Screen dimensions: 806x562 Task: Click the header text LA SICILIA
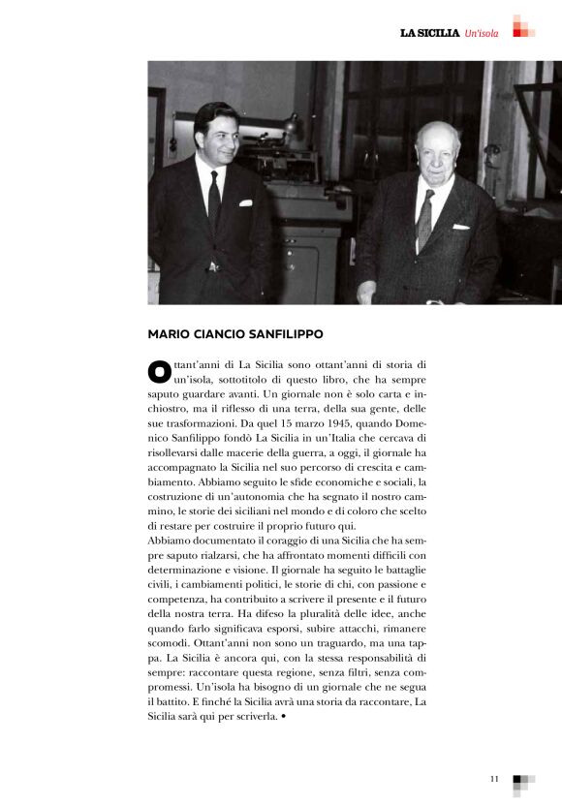[429, 33]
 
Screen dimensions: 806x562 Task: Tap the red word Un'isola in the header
[482, 33]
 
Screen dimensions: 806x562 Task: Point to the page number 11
[494, 778]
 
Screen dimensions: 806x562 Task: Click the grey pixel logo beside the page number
[522, 781]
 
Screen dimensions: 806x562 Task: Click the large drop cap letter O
[157, 372]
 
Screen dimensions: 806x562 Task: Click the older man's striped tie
[425, 219]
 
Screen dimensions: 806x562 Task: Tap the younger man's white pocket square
[245, 202]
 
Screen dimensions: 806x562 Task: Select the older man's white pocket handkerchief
[460, 226]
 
